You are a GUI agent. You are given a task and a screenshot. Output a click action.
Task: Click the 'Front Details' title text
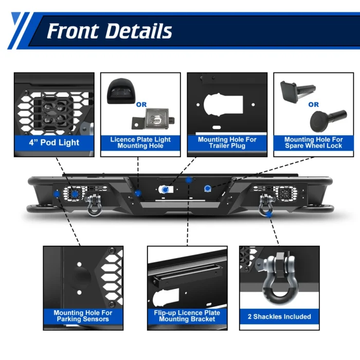pyautogui.click(x=109, y=31)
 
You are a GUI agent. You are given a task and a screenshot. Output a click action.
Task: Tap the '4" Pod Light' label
pyautogui.click(x=54, y=142)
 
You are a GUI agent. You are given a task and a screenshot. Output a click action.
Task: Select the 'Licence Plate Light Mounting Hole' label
pyautogui.click(x=140, y=142)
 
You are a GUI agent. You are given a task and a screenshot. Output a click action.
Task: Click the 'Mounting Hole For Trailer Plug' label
pyautogui.click(x=227, y=142)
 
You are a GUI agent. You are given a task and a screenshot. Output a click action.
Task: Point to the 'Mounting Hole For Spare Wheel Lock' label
pyautogui.click(x=313, y=142)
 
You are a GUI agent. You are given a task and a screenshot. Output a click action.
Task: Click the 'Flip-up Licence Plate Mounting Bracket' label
pyautogui.click(x=187, y=316)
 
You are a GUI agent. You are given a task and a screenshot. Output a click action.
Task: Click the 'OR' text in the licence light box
pyautogui.click(x=141, y=104)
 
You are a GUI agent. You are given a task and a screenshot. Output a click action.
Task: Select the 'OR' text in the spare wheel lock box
pyautogui.click(x=313, y=104)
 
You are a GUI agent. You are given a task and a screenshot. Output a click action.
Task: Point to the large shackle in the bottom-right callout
pyautogui.click(x=280, y=280)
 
